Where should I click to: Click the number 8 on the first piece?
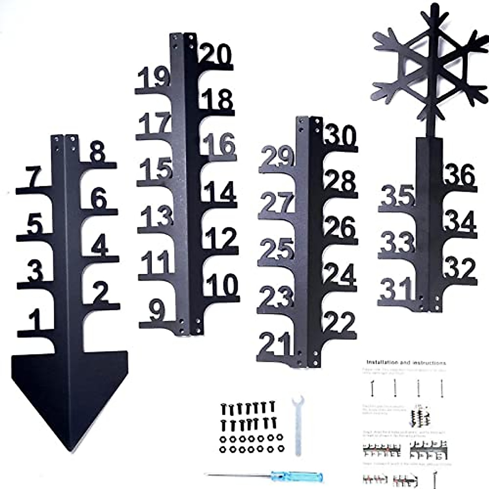(x=97, y=154)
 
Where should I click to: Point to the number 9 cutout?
(x=157, y=311)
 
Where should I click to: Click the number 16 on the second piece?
(x=220, y=145)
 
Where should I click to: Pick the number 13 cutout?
(x=157, y=216)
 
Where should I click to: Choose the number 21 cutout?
(x=275, y=344)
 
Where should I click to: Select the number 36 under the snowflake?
(x=460, y=176)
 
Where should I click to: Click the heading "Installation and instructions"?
(x=406, y=362)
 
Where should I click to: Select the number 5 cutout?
(x=35, y=224)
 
